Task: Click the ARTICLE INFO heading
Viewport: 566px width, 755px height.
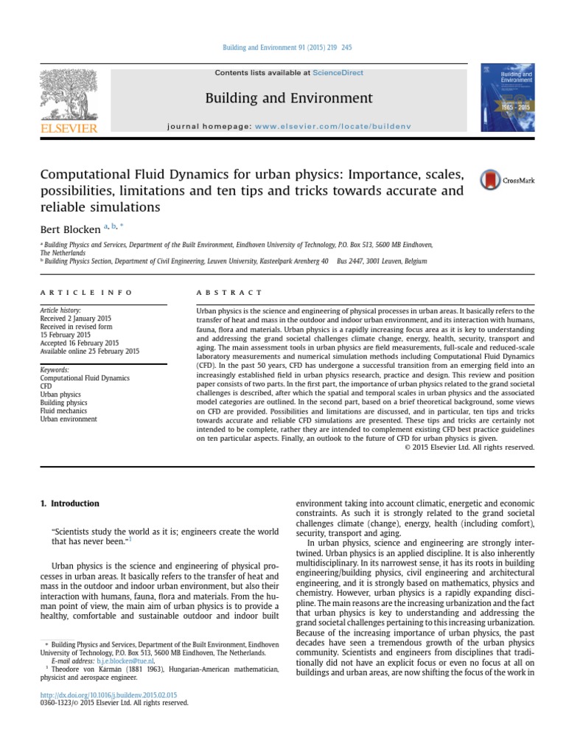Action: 86,293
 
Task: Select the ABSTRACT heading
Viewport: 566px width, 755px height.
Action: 229,293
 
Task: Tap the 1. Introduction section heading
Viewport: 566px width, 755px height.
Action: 69,504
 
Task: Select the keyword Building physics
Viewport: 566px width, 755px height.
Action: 63,403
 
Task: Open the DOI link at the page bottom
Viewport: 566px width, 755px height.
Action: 108,695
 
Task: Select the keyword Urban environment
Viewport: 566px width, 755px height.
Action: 69,419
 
